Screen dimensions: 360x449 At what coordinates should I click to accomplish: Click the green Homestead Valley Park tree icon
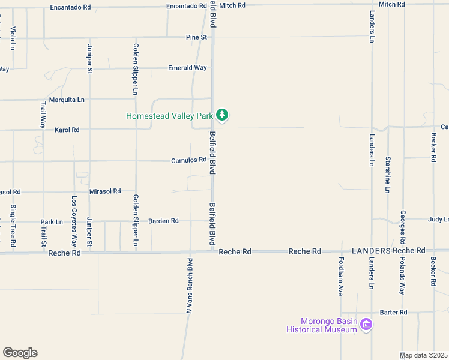222,115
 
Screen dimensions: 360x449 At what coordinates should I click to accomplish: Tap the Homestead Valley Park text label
170,115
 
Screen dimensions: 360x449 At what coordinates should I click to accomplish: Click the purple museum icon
366,325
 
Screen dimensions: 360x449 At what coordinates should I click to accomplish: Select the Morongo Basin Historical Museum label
322,325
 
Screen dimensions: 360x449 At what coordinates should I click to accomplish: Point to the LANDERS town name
371,250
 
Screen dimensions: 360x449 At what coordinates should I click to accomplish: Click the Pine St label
196,37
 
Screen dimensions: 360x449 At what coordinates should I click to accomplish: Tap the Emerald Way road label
187,68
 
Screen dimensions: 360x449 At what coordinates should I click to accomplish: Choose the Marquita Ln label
67,100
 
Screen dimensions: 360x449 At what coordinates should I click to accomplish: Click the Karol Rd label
67,130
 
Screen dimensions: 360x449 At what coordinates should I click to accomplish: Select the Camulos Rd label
188,160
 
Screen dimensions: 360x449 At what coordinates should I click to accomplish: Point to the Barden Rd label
163,221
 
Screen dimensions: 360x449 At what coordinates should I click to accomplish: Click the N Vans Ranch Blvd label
188,286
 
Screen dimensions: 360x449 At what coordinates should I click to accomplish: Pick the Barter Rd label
394,312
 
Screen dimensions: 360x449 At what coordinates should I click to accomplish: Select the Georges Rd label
403,227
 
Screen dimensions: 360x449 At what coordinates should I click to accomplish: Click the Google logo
20,353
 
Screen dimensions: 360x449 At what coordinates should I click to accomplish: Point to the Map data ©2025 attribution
424,355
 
